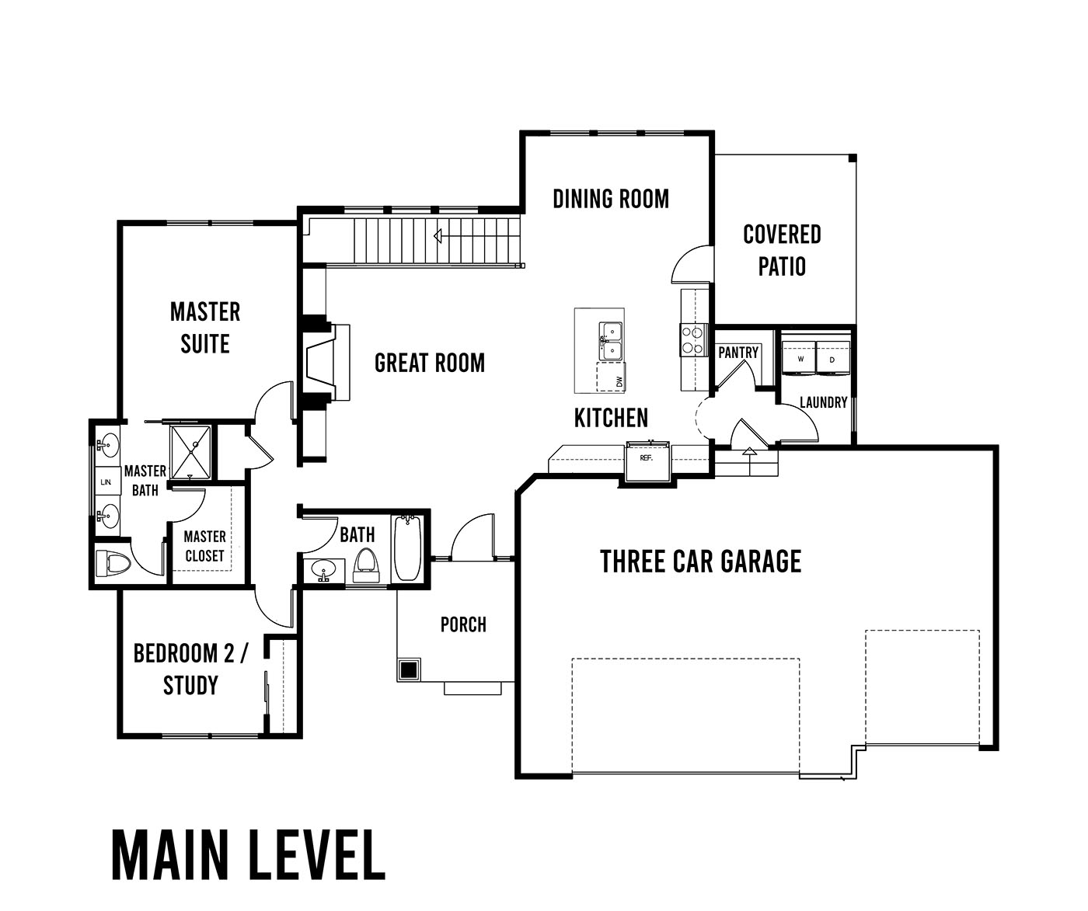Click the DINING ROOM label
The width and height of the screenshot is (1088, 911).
point(611,199)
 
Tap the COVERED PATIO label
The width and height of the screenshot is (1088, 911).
point(782,250)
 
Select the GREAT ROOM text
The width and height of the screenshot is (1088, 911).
point(429,363)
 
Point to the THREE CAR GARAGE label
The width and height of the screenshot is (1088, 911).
point(701,562)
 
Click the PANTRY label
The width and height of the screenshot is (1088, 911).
point(738,353)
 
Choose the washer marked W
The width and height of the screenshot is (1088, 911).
point(800,357)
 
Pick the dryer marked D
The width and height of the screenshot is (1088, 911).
point(832,357)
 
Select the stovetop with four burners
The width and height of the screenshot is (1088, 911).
point(693,339)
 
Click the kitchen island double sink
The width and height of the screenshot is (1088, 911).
point(610,341)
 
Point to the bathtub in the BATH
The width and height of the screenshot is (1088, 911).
point(407,548)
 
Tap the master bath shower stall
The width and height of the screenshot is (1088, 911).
point(190,451)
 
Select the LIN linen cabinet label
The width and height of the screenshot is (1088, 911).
point(106,482)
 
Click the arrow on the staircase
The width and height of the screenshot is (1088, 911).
point(438,236)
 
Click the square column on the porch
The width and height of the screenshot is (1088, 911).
point(409,669)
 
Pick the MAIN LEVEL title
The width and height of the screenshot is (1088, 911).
point(249,855)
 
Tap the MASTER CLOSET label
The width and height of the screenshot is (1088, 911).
point(205,546)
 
